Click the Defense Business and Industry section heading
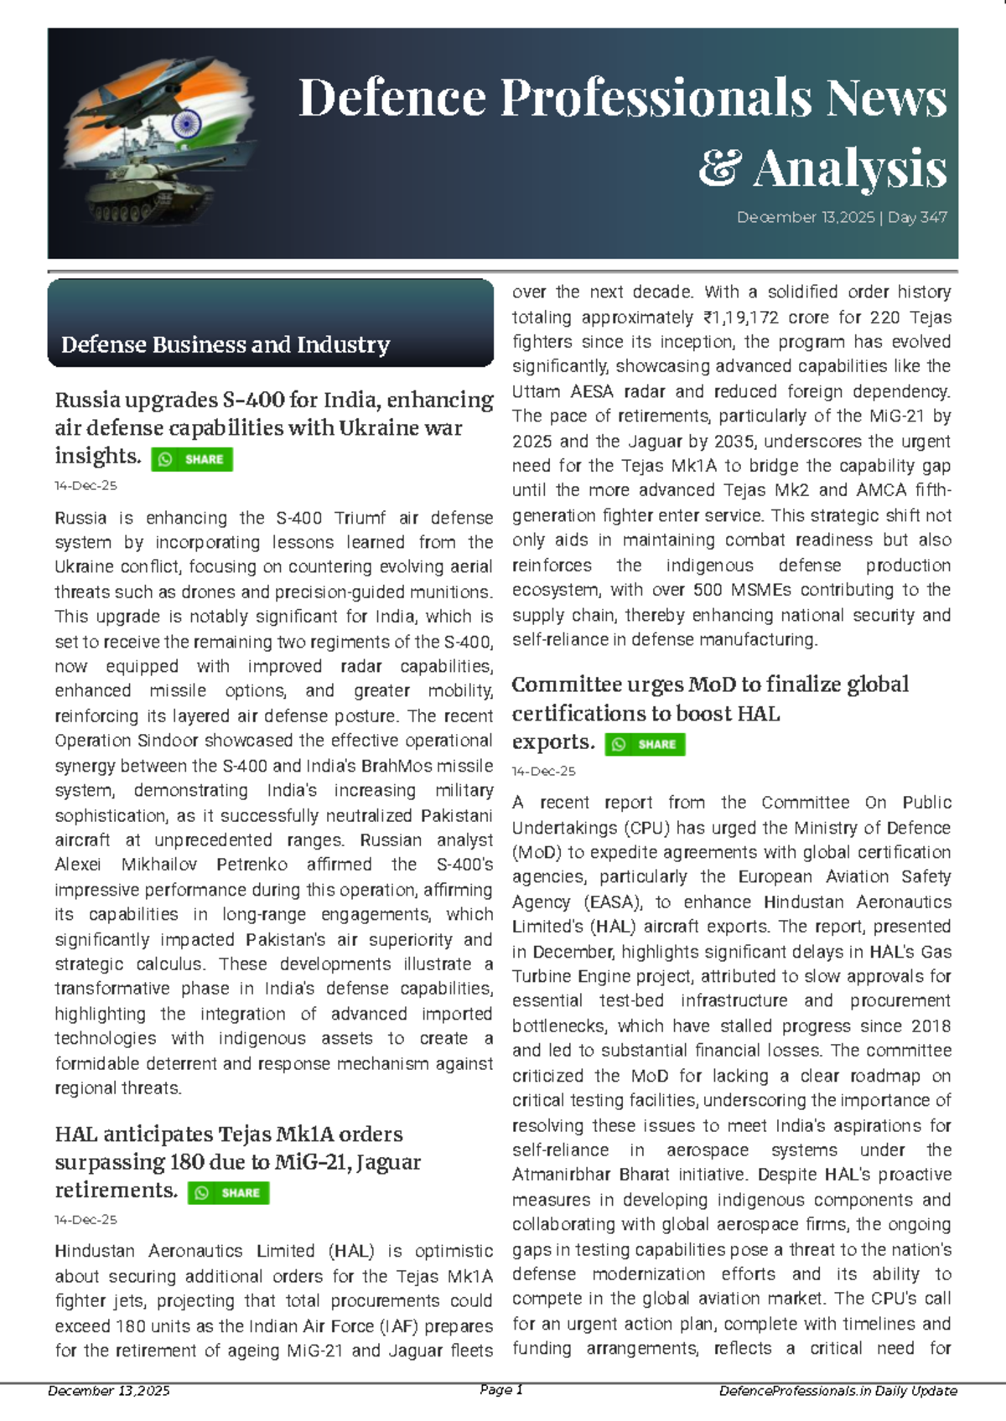point(225,344)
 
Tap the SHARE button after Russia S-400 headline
point(192,459)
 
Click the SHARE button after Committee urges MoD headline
point(645,744)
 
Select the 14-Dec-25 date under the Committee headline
point(543,771)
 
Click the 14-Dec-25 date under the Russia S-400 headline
point(86,486)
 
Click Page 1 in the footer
point(501,1390)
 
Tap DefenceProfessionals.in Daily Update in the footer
point(837,1391)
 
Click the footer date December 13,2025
point(109,1391)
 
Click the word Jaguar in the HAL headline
point(388,1162)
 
